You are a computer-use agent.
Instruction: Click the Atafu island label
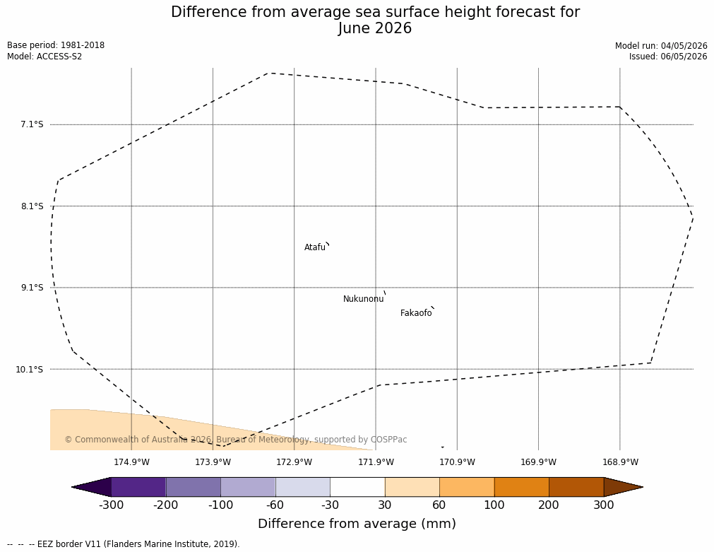pos(315,247)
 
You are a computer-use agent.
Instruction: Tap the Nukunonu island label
pos(364,299)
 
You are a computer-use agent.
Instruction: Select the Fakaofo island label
pos(416,313)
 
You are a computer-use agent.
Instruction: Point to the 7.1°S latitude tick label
pos(32,124)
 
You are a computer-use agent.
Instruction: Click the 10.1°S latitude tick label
pos(30,369)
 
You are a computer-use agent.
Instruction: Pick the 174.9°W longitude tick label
pos(131,462)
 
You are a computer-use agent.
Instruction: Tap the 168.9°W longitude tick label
pos(620,462)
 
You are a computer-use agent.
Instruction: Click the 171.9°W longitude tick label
pos(376,462)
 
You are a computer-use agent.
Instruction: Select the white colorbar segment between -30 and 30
pos(357,487)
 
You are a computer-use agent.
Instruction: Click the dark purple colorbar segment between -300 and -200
pos(138,487)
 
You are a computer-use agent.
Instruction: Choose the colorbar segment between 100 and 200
pos(522,487)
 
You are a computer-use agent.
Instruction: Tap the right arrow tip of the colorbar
pos(643,487)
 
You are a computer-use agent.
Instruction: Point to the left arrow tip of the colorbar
pos(72,487)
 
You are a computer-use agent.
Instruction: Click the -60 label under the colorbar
pos(275,505)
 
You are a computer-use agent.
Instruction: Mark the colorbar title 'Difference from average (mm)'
pos(357,524)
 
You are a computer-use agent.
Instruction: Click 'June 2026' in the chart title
pos(375,28)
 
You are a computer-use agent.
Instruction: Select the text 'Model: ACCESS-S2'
pos(44,57)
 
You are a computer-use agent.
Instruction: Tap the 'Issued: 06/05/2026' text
pos(668,57)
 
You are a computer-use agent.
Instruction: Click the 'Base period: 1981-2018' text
pos(56,45)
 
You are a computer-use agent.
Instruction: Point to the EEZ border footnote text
pos(124,544)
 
